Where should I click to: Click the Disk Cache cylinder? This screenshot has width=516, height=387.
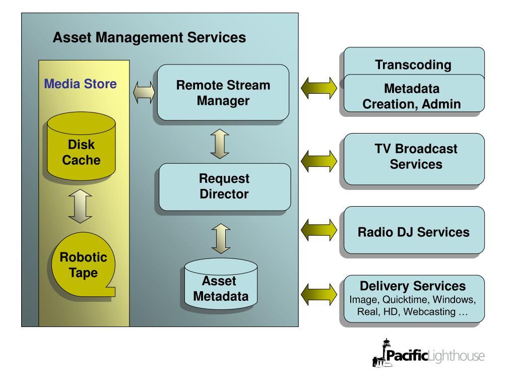click(x=81, y=146)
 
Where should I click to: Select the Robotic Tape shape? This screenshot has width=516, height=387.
click(x=83, y=265)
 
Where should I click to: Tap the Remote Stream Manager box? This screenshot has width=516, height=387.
click(x=223, y=93)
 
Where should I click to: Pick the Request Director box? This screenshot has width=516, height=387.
click(x=225, y=187)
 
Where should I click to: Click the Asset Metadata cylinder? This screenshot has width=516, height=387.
click(x=221, y=284)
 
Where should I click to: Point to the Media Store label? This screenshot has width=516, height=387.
click(x=80, y=84)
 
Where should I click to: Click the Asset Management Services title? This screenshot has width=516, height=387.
click(x=149, y=37)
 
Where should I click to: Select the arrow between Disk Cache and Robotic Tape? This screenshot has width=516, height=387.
click(x=80, y=206)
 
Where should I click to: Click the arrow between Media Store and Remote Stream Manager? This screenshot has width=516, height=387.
click(x=144, y=93)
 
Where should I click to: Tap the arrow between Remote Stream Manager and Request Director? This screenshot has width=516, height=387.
click(x=220, y=144)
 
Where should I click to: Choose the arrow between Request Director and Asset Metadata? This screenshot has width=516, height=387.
click(x=221, y=238)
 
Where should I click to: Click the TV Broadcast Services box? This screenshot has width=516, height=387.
click(x=414, y=159)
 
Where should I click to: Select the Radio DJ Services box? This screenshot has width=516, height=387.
click(x=414, y=230)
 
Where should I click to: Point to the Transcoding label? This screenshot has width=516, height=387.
click(x=413, y=65)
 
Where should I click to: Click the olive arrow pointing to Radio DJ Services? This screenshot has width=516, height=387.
click(x=319, y=230)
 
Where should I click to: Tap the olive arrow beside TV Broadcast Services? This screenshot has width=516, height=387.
click(x=319, y=161)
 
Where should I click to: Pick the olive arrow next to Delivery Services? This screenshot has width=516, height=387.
click(x=319, y=294)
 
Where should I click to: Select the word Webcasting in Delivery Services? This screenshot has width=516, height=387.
click(x=429, y=311)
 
